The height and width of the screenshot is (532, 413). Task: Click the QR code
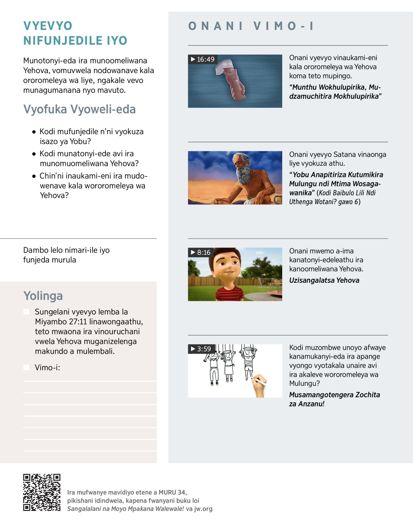coord(42,492)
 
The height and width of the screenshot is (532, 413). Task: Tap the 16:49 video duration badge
coord(203,59)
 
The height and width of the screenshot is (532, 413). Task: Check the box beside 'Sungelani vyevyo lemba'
coord(26,312)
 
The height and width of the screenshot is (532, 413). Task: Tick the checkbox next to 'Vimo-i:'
coord(26,368)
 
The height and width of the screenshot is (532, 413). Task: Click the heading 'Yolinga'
coord(43,296)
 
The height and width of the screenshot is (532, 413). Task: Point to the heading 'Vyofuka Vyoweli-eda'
coord(80,109)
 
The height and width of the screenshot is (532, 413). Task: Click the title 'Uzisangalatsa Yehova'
coord(324,280)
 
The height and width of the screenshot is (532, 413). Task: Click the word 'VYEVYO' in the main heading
coord(48,26)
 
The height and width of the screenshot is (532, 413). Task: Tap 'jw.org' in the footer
coord(203,509)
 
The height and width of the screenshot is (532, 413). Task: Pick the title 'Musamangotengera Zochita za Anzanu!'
coord(334,399)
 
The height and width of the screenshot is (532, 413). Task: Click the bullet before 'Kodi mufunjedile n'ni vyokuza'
coord(34,132)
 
